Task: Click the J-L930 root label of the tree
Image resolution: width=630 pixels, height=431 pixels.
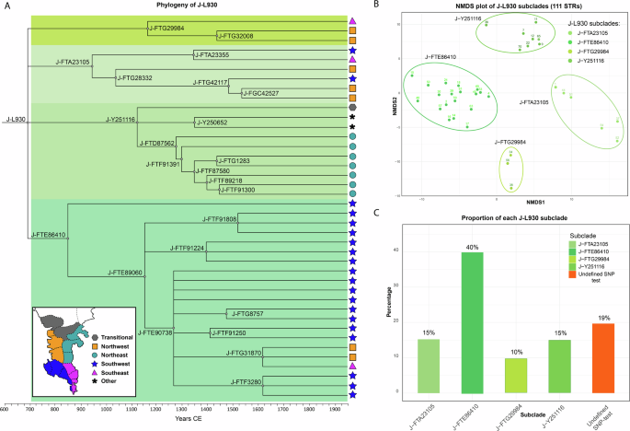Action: coord(16,119)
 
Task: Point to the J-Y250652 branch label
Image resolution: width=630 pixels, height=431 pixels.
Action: coord(212,122)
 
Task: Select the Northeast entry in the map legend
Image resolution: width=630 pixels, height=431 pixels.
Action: coord(98,348)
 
